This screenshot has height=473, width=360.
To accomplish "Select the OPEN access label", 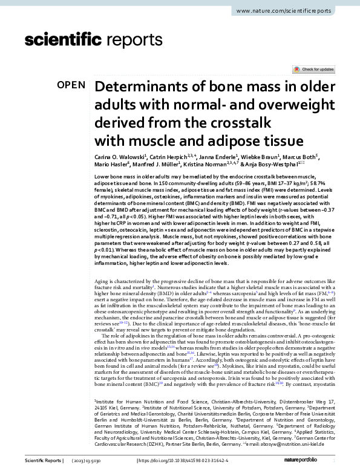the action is [71, 85].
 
